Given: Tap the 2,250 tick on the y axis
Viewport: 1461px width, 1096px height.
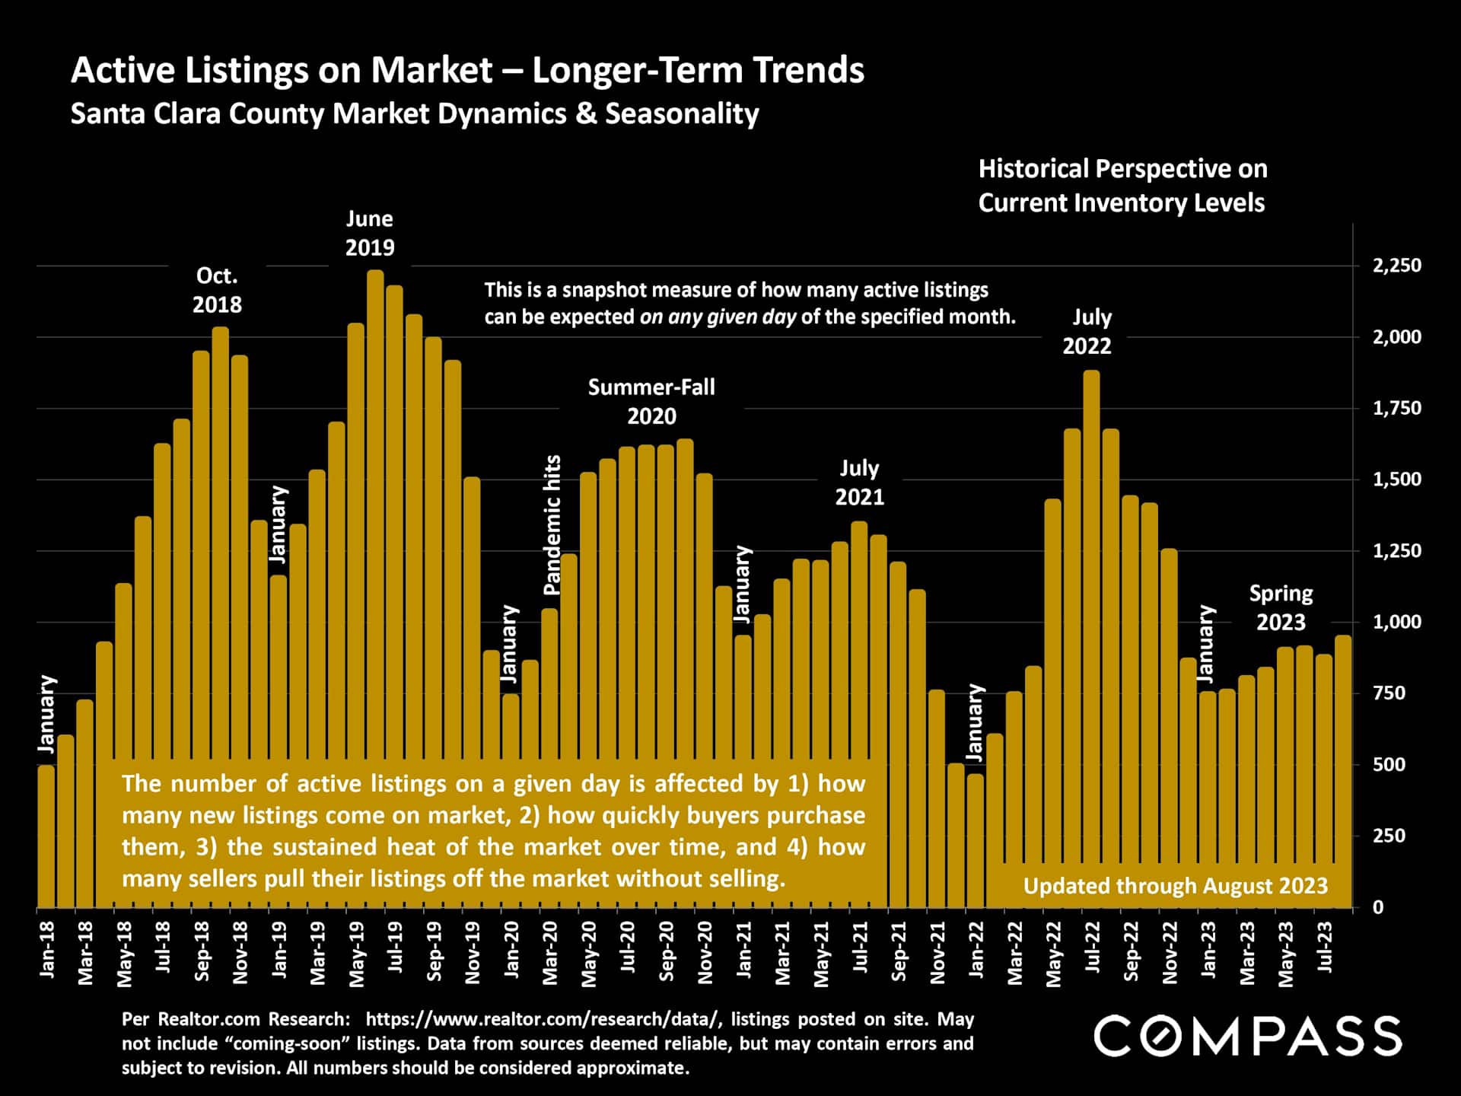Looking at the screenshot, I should tap(1396, 266).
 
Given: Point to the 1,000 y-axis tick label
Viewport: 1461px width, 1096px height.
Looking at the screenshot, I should tap(1396, 622).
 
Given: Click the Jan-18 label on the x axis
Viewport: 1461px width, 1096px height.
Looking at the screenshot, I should tap(47, 949).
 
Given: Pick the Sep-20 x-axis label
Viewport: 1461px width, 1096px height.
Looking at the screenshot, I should tap(667, 951).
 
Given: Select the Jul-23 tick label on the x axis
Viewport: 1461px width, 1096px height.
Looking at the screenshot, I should tap(1325, 948).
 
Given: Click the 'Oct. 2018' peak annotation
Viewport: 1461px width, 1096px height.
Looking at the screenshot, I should tap(217, 290).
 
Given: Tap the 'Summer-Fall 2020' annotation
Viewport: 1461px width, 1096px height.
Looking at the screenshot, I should tap(651, 401).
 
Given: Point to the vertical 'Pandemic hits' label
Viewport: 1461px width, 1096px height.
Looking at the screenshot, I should tap(552, 525).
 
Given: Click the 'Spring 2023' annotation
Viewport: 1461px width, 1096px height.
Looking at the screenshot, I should tap(1281, 607).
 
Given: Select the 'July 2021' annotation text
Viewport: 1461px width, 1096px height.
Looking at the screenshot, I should tap(859, 482).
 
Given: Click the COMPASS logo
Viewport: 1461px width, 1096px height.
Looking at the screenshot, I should tap(1248, 1036).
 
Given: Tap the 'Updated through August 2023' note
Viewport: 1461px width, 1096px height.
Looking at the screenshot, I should tap(1175, 886).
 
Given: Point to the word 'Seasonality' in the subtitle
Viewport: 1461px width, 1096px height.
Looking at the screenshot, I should tap(682, 113).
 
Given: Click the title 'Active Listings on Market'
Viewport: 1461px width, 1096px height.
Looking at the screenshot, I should tap(282, 70).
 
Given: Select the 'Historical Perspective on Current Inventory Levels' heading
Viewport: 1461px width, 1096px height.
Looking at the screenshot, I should tap(1122, 186).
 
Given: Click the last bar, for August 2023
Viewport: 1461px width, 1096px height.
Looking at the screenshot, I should tap(1343, 769).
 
